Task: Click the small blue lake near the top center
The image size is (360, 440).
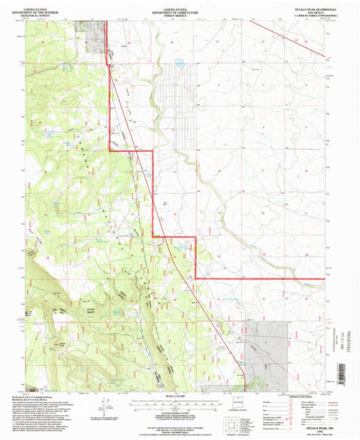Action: click(x=179, y=65)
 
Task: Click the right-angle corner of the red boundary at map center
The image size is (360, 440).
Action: click(x=195, y=237)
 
